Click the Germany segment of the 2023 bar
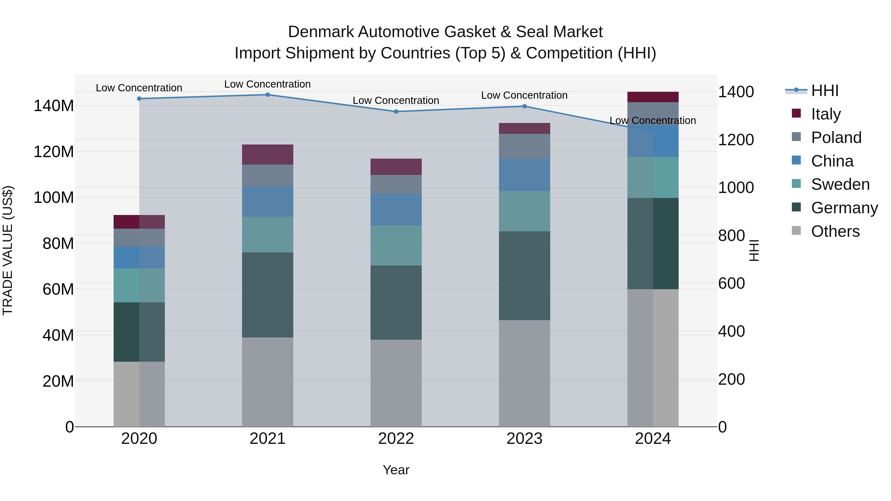pos(524,276)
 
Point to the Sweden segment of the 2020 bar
pos(139,285)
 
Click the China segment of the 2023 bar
pos(524,175)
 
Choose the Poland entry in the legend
pos(836,138)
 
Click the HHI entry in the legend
pos(825,91)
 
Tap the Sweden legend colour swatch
pos(796,184)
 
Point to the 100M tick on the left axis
pos(54,198)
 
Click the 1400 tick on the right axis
pos(736,92)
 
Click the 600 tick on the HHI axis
pos(732,284)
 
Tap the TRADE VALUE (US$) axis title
pos(8,250)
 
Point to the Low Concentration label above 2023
pos(524,95)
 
